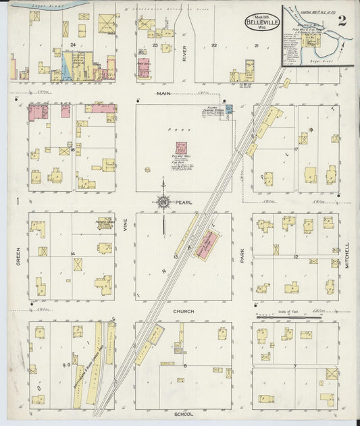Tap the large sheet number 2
tap(342, 20)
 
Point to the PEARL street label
tap(183, 201)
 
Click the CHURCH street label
tap(183, 311)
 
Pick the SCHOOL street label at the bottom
tap(183, 414)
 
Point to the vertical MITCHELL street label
tap(349, 256)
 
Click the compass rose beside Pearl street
tap(163, 201)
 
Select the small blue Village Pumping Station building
tap(228, 108)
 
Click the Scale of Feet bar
tap(278, 315)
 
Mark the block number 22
tap(213, 45)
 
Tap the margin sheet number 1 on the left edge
tap(14, 201)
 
